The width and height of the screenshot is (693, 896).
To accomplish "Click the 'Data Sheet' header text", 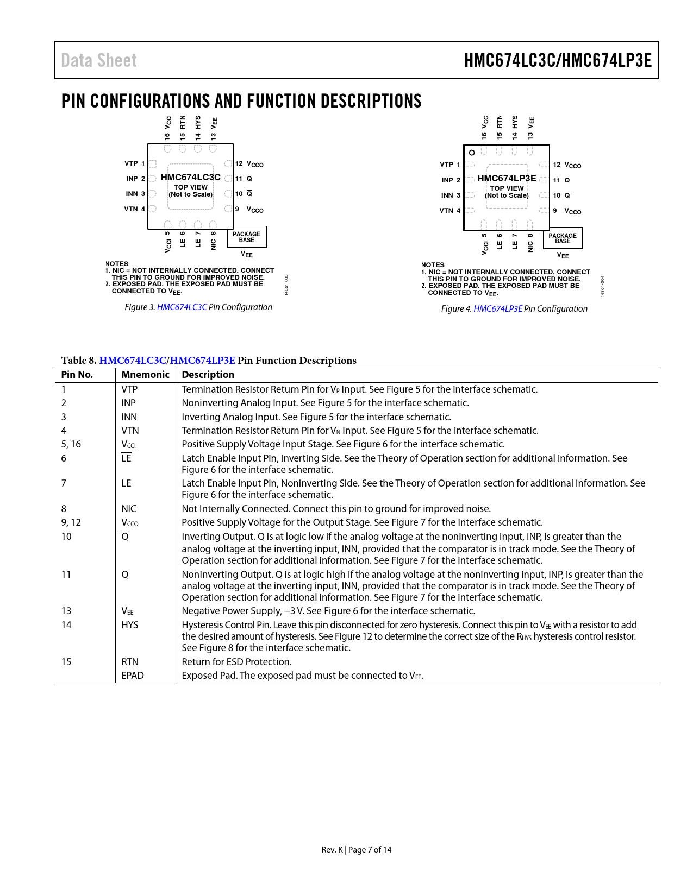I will pyautogui.click(x=99, y=60).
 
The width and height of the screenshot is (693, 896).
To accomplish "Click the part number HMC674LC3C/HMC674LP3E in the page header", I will pyautogui.click(x=558, y=60).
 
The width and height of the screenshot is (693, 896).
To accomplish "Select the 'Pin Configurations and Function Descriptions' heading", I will pyautogui.click(x=241, y=101).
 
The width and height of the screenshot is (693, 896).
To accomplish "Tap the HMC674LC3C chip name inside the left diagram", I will pyautogui.click(x=190, y=177).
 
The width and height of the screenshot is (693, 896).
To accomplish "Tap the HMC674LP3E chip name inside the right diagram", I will pyautogui.click(x=507, y=178).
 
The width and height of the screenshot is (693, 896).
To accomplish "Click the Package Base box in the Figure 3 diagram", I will pyautogui.click(x=246, y=237).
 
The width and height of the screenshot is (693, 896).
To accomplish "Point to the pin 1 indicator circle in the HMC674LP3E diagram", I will pyautogui.click(x=472, y=153).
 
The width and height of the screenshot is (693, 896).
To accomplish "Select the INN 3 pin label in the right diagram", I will pyautogui.click(x=451, y=195).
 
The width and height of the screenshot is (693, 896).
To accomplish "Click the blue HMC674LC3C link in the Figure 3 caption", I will pyautogui.click(x=182, y=307).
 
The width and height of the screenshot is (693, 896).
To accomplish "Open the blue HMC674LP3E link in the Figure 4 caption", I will pyautogui.click(x=498, y=309).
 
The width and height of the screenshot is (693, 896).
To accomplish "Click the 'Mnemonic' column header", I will pyautogui.click(x=145, y=375).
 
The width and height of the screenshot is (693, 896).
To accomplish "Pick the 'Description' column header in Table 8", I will pyautogui.click(x=208, y=375).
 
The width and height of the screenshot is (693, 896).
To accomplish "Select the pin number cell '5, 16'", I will pyautogui.click(x=71, y=444).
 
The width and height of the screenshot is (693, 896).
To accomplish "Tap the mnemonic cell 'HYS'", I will pyautogui.click(x=130, y=625).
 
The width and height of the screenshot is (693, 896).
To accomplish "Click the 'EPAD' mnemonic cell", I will pyautogui.click(x=133, y=676).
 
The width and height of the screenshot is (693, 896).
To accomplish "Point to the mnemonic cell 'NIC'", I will pyautogui.click(x=129, y=509).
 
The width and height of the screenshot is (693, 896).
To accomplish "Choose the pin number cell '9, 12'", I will pyautogui.click(x=71, y=522).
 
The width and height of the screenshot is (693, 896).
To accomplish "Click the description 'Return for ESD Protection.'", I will pyautogui.click(x=236, y=662).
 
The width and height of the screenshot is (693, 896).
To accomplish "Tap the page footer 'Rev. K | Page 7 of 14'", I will pyautogui.click(x=356, y=850).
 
